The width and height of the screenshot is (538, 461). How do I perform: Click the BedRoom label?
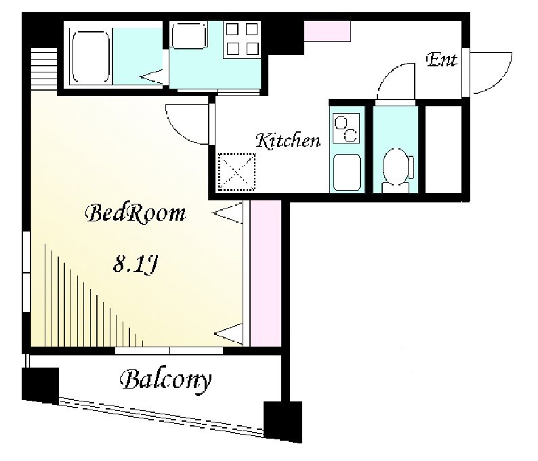pyautogui.click(x=136, y=214)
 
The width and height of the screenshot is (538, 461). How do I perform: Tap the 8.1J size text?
pyautogui.click(x=136, y=264)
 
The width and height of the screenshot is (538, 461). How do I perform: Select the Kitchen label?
pyautogui.click(x=288, y=141)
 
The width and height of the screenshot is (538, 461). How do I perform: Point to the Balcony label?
pyautogui.click(x=166, y=380)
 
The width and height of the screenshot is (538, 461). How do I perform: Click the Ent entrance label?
pyautogui.click(x=442, y=60)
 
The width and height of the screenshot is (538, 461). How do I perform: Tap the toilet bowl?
pyautogui.click(x=395, y=167)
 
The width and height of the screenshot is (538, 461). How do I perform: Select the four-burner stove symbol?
pyautogui.click(x=242, y=39)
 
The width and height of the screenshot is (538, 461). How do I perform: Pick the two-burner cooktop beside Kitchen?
pyautogui.click(x=346, y=127)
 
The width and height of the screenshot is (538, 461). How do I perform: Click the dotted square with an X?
pyautogui.click(x=237, y=172)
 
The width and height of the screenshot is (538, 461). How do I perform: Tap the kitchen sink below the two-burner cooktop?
pyautogui.click(x=347, y=173)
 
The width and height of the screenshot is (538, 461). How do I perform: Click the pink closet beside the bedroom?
pyautogui.click(x=266, y=273)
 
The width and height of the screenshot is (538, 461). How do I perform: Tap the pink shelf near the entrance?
pyautogui.click(x=327, y=31)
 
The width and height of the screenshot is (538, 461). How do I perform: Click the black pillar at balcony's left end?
pyautogui.click(x=40, y=386)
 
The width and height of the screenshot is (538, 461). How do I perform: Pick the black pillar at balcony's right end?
pyautogui.click(x=283, y=422)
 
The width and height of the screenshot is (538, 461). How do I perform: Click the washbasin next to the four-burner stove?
pyautogui.click(x=189, y=35)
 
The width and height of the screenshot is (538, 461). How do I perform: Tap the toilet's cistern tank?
pyautogui.click(x=411, y=167)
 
